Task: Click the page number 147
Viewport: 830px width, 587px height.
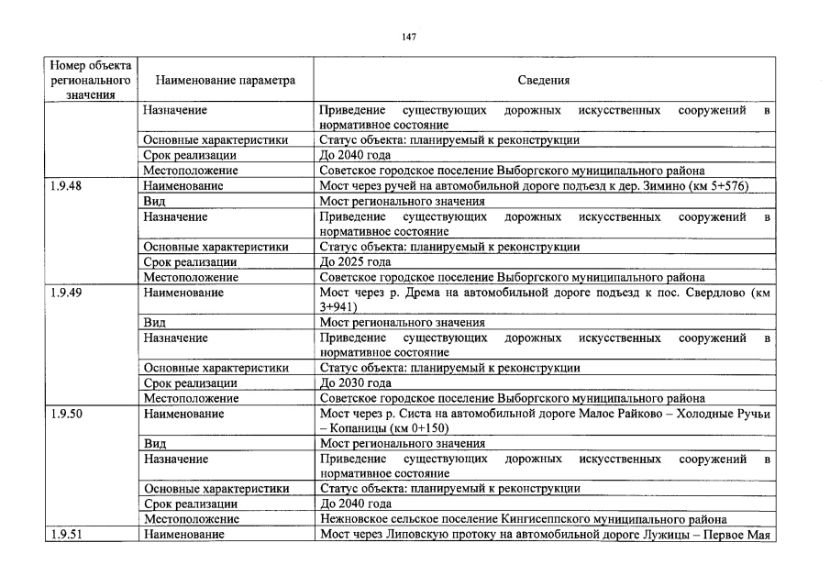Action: point(409,37)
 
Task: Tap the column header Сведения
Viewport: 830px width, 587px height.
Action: point(544,80)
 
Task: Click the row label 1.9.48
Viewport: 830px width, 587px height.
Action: point(66,186)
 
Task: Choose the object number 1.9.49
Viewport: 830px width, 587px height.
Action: point(66,293)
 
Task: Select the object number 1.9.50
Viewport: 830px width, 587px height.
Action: point(66,414)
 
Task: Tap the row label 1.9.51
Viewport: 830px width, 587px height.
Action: point(66,535)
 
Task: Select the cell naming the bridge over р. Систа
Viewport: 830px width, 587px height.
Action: point(544,421)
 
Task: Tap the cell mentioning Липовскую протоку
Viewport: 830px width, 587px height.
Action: point(544,535)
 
